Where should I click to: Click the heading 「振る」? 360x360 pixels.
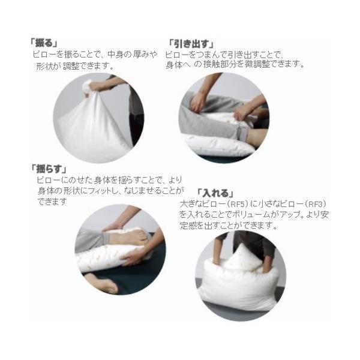(44, 43)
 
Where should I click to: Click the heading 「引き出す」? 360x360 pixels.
(191, 44)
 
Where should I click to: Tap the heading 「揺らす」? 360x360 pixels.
(49, 169)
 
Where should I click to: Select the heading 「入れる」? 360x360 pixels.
(215, 193)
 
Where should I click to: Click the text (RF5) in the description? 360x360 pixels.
(238, 203)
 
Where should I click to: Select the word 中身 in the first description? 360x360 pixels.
(116, 55)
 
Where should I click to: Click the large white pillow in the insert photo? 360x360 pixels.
(239, 287)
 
